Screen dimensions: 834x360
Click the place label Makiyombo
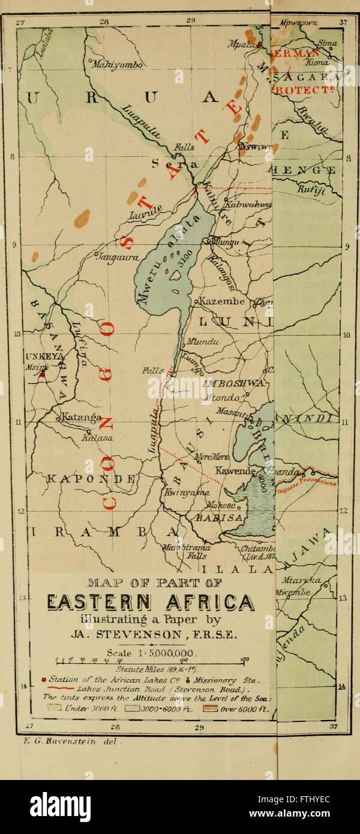coord(116,64)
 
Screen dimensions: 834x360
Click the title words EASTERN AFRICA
coord(151,602)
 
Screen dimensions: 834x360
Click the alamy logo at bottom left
coord(60,806)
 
